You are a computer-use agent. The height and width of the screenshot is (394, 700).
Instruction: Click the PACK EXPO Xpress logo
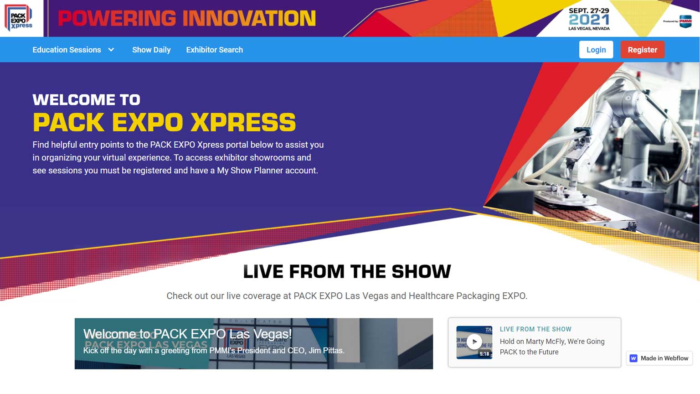[x=19, y=18]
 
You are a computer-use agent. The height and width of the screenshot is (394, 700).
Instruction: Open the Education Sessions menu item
[x=67, y=50]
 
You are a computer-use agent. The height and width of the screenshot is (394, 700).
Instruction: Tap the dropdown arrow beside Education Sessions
[x=111, y=50]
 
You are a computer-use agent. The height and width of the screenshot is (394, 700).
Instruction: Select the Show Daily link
[x=151, y=50]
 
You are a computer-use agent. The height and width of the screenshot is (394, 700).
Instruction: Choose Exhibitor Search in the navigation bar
[x=214, y=50]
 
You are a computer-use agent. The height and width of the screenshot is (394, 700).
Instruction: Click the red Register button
[x=642, y=50]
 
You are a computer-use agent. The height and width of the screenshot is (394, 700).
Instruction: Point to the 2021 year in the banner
[x=589, y=20]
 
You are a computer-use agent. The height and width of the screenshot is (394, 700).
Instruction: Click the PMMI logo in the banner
[x=685, y=21]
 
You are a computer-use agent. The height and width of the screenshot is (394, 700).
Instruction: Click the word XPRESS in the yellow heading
[x=243, y=122]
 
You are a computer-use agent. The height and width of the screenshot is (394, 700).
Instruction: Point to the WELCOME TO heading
[x=86, y=100]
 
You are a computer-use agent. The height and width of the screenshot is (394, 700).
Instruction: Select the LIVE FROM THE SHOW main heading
[x=347, y=272]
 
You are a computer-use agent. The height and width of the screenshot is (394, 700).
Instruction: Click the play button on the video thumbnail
[x=474, y=342]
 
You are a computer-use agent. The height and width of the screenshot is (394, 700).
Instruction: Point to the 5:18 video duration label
[x=484, y=354]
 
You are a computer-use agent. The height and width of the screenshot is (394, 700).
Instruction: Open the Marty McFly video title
[x=552, y=347]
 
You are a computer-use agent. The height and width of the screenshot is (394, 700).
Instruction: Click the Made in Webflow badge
[x=659, y=358]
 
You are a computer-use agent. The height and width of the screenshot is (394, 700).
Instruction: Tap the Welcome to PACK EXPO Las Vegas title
[x=187, y=334]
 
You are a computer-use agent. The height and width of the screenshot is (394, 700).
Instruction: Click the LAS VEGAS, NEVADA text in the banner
[x=589, y=29]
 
